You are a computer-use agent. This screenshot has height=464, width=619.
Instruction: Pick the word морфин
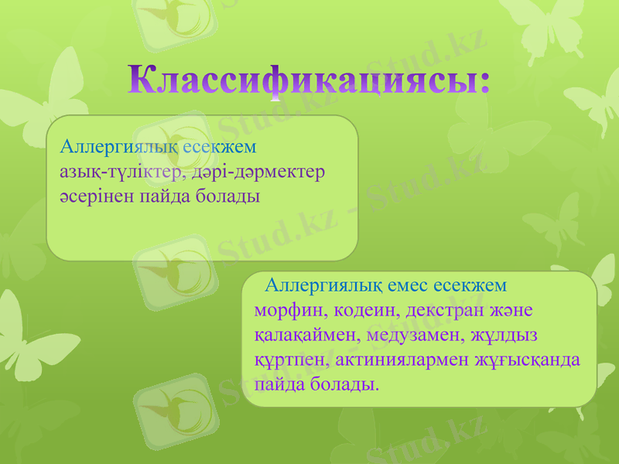(x=282, y=311)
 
